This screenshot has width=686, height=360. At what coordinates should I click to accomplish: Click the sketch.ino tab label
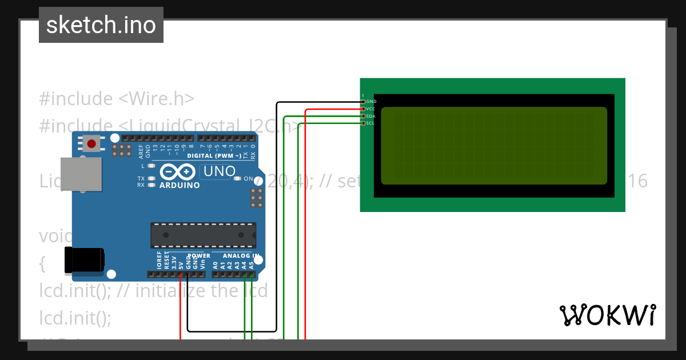pyautogui.click(x=101, y=25)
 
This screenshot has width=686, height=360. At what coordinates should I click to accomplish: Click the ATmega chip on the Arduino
pyautogui.click(x=203, y=235)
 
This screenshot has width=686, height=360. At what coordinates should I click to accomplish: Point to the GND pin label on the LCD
pyautogui.click(x=371, y=102)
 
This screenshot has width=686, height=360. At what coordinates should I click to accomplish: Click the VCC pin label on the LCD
pyautogui.click(x=370, y=109)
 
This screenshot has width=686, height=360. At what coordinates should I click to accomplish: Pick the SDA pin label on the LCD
pyautogui.click(x=370, y=116)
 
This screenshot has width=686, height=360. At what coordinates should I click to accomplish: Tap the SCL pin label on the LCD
pyautogui.click(x=370, y=123)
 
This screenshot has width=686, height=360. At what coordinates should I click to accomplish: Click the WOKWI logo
pyautogui.click(x=607, y=315)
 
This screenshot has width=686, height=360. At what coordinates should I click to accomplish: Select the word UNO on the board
pyautogui.click(x=220, y=171)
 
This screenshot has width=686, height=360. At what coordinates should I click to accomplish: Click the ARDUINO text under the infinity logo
pyautogui.click(x=180, y=185)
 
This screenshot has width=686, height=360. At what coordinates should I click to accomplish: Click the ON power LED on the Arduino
pyautogui.click(x=238, y=178)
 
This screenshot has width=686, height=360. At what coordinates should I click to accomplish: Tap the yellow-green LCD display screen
pyautogui.click(x=493, y=146)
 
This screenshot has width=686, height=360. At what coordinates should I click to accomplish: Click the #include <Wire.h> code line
pyautogui.click(x=117, y=99)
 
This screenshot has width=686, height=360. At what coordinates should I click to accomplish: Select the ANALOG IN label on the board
pyautogui.click(x=241, y=256)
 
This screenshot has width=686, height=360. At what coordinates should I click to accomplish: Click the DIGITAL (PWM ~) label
pyautogui.click(x=214, y=155)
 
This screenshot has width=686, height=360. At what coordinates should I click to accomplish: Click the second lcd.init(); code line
pyautogui.click(x=75, y=318)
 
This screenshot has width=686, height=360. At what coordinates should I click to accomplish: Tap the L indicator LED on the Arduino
pyautogui.click(x=151, y=166)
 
